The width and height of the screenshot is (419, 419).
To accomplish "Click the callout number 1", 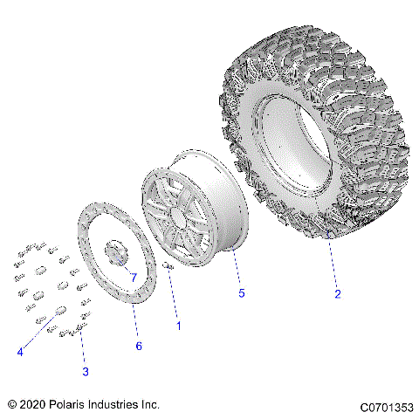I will pos(180,326).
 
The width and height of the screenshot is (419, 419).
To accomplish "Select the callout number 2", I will pos(337,294).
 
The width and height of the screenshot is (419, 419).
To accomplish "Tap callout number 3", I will pos(85,372).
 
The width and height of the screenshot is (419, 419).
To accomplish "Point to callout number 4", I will pos(19,353).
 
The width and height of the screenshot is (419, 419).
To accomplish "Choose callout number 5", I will pos(241,292).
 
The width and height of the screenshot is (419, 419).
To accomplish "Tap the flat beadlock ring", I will pos(98,262).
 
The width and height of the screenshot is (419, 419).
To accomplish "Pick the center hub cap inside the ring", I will pos(116,252).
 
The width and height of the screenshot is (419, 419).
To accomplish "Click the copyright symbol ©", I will pos(12,405).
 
